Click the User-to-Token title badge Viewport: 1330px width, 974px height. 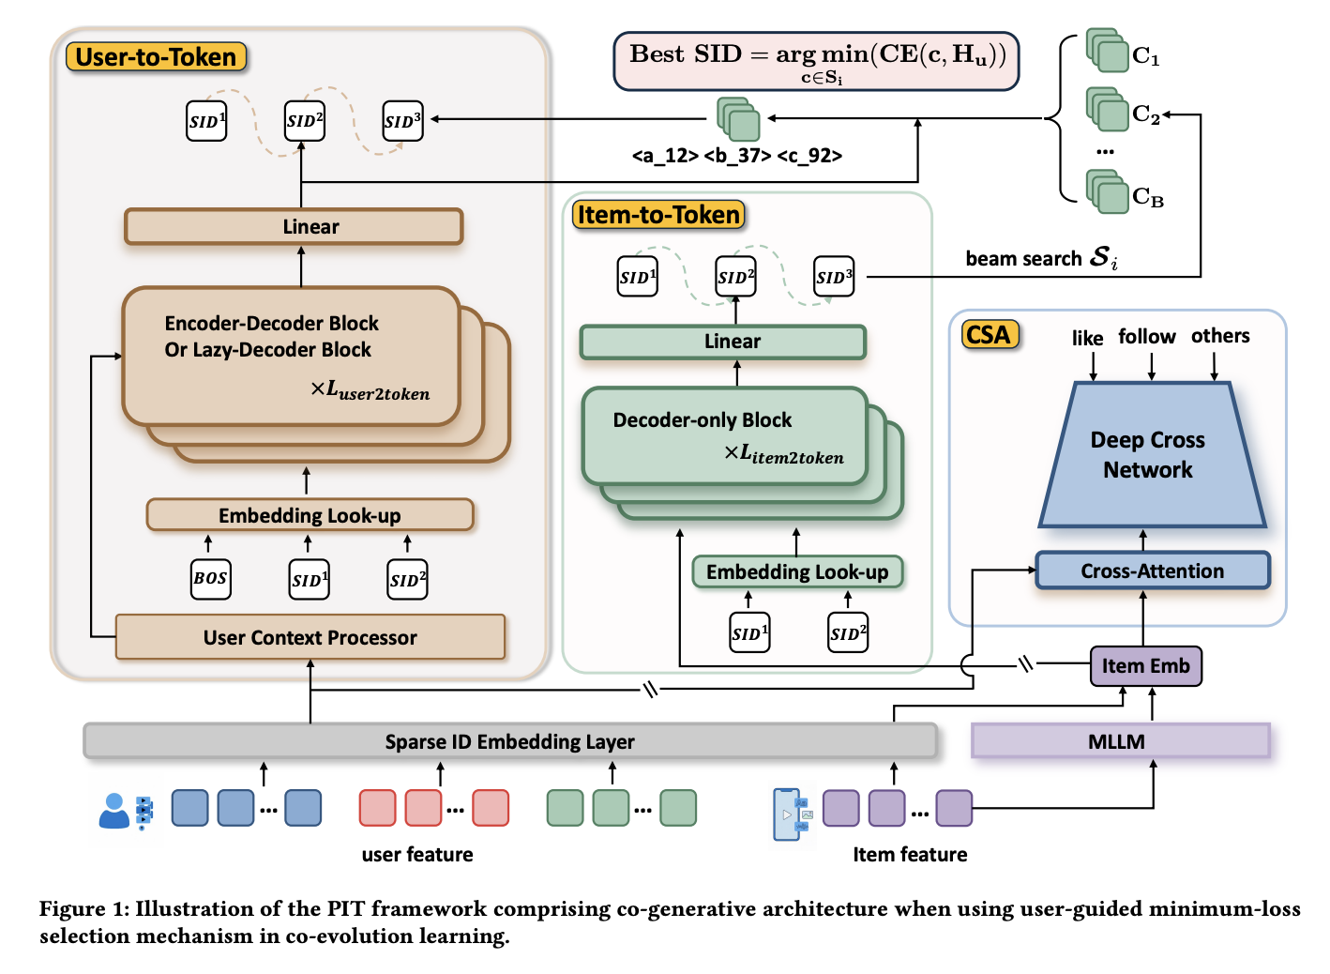(x=156, y=57)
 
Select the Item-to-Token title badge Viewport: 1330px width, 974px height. (x=658, y=215)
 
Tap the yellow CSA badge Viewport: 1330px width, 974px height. (x=989, y=335)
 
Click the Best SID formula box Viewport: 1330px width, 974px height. (x=816, y=61)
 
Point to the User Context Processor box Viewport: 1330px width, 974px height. (x=310, y=637)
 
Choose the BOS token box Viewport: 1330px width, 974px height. (x=210, y=579)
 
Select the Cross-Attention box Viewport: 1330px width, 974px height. (x=1152, y=571)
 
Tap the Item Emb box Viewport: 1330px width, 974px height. (x=1145, y=666)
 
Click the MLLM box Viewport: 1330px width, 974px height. (x=1120, y=741)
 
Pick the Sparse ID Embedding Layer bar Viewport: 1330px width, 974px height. (x=509, y=741)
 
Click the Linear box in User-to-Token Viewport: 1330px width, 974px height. (x=294, y=227)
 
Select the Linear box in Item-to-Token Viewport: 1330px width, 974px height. (x=723, y=342)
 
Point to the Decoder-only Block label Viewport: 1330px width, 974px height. (x=703, y=420)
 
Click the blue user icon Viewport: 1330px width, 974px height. (x=114, y=811)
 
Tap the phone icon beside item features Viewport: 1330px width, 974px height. (x=787, y=814)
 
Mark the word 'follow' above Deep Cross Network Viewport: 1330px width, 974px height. (x=1146, y=337)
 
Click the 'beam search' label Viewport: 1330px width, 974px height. (x=1023, y=259)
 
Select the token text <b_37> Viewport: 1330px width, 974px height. (x=736, y=156)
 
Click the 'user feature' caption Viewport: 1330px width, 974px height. (x=417, y=855)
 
